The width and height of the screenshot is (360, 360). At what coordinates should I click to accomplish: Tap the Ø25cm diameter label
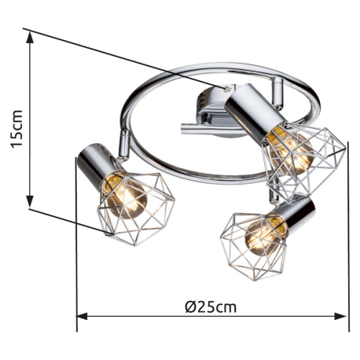(x=211, y=307)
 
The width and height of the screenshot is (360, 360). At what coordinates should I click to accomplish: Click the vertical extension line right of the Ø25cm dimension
(x=347, y=236)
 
